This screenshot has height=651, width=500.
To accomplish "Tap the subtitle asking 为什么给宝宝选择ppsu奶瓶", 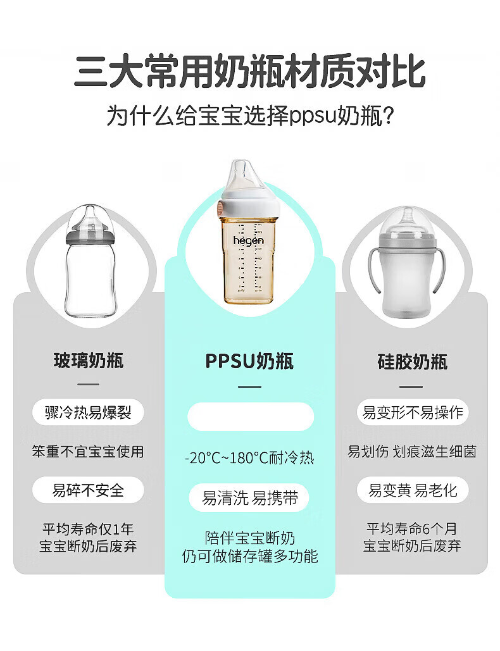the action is pyautogui.click(x=250, y=115).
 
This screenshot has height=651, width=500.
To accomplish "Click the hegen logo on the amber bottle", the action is pyautogui.click(x=248, y=240).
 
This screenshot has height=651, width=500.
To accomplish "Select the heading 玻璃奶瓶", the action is pyautogui.click(x=89, y=361).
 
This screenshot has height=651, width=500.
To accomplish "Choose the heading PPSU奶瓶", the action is pyautogui.click(x=249, y=361).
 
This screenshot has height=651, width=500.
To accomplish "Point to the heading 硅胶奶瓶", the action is pyautogui.click(x=412, y=361).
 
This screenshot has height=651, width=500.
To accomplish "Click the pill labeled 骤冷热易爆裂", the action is pyautogui.click(x=88, y=412).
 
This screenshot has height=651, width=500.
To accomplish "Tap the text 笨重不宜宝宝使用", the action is pyautogui.click(x=88, y=451).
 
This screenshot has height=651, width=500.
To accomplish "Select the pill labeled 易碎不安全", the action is pyautogui.click(x=88, y=490).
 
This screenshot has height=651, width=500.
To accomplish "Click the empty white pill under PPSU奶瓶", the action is pyautogui.click(x=251, y=416).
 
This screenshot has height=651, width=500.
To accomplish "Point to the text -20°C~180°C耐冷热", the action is pyautogui.click(x=249, y=458).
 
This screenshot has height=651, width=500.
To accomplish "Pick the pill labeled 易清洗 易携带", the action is pyautogui.click(x=249, y=497).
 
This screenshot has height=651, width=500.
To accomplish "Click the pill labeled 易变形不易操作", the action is pyautogui.click(x=413, y=412).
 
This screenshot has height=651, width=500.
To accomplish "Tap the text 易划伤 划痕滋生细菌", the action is pyautogui.click(x=412, y=451).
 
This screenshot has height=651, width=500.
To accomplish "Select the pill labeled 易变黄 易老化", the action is pyautogui.click(x=413, y=490).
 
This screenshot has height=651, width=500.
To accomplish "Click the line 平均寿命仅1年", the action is pyautogui.click(x=88, y=529).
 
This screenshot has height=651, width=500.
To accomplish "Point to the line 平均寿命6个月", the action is pyautogui.click(x=412, y=528).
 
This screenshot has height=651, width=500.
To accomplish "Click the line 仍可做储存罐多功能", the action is pyautogui.click(x=250, y=556).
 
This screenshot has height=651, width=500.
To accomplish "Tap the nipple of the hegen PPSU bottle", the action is pyautogui.click(x=242, y=176).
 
